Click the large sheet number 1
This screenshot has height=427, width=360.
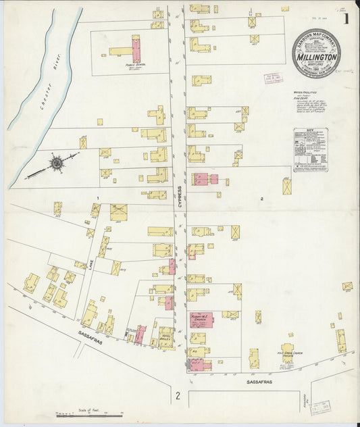coord(345,20)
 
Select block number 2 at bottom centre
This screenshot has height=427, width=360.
coord(178,395)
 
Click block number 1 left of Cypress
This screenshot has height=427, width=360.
coord(99,197)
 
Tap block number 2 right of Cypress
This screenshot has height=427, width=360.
coord(260,199)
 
